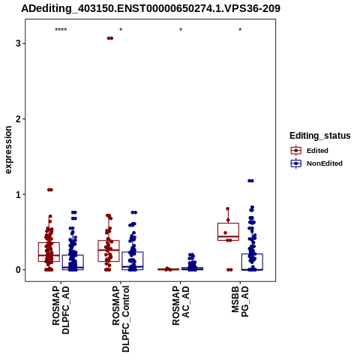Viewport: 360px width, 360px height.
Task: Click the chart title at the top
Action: pyautogui.click(x=151, y=8)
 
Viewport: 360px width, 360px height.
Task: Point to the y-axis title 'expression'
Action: pyautogui.click(x=8, y=150)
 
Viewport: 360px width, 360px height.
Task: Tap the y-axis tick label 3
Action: pyautogui.click(x=18, y=43)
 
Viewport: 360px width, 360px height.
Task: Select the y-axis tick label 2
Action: pyautogui.click(x=18, y=119)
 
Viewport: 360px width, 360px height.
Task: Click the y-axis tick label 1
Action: pyautogui.click(x=18, y=194)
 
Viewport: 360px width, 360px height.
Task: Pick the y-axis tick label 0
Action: pyautogui.click(x=18, y=270)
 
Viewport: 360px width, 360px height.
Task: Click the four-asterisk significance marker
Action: pyautogui.click(x=61, y=30)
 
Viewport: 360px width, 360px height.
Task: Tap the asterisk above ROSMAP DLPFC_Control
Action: pyautogui.click(x=121, y=30)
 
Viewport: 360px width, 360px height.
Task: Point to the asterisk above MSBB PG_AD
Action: pyautogui.click(x=240, y=30)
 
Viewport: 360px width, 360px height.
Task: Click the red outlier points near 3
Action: pyautogui.click(x=110, y=38)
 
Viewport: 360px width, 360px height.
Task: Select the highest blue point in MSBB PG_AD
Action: pyautogui.click(x=250, y=181)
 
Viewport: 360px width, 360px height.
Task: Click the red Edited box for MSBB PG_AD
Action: pyautogui.click(x=228, y=232)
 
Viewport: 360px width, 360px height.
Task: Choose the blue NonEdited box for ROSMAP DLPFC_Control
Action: pyautogui.click(x=133, y=261)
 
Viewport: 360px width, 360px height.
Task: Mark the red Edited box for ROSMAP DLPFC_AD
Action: pyautogui.click(x=49, y=252)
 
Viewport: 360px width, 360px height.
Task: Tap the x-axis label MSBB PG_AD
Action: pyautogui.click(x=240, y=301)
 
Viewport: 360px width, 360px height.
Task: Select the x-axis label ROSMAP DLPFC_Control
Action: pyautogui.click(x=121, y=319)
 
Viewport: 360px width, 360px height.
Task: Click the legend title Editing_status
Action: pyautogui.click(x=320, y=136)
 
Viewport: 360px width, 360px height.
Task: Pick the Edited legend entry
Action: pyautogui.click(x=310, y=151)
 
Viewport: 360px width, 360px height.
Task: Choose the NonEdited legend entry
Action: pyautogui.click(x=316, y=163)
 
